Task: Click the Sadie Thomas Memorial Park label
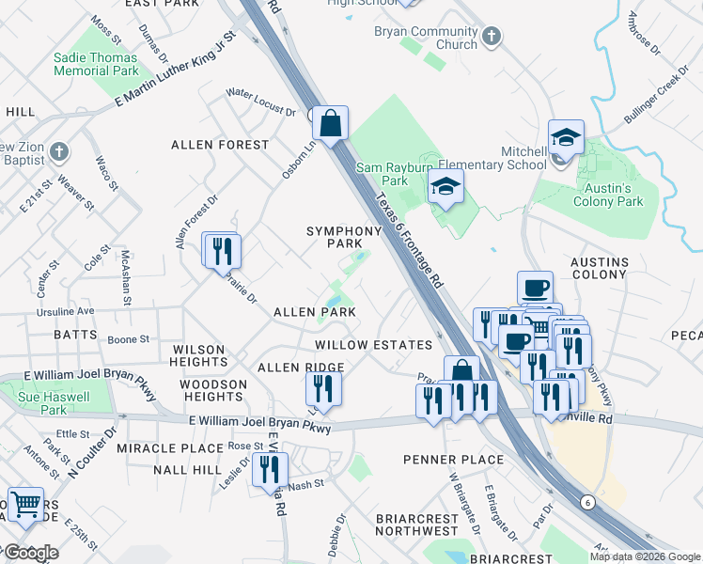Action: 96,64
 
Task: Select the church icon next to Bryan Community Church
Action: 490,38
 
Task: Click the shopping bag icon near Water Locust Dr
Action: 330,123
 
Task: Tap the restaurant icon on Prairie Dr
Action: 223,251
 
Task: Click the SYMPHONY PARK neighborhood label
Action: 335,237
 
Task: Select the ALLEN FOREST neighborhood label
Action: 219,145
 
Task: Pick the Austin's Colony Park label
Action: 607,195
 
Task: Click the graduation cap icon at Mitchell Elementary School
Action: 566,138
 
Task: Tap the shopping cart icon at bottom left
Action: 25,505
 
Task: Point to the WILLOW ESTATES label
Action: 373,345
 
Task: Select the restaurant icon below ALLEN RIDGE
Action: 322,388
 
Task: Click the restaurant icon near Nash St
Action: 271,469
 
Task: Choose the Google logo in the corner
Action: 30,553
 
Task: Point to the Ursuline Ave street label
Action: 67,310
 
